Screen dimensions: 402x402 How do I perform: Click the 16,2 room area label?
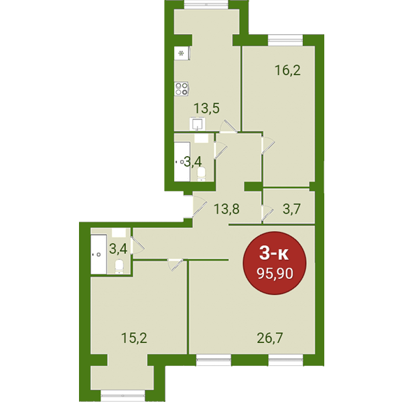click(x=287, y=70)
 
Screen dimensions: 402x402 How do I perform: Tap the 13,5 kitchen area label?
click(x=206, y=108)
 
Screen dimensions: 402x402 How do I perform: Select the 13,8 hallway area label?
click(x=226, y=209)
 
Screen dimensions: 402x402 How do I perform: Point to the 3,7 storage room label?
click(x=291, y=209)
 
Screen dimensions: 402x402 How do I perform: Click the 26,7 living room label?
click(x=270, y=338)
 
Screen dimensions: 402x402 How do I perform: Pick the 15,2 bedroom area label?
click(x=134, y=338)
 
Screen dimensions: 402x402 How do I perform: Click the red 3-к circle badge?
click(x=275, y=263)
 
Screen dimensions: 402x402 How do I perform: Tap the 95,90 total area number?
click(x=275, y=274)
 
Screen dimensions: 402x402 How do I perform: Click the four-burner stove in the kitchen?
click(x=182, y=89)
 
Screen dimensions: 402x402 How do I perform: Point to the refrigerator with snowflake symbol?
click(x=182, y=54)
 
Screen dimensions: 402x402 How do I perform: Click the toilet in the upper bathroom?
click(x=202, y=174)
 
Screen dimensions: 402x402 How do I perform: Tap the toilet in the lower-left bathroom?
click(x=119, y=267)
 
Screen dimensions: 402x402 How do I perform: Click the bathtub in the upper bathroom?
click(x=182, y=161)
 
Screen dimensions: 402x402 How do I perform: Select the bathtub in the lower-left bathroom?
click(x=98, y=255)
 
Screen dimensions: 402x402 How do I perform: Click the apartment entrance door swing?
click(x=200, y=206)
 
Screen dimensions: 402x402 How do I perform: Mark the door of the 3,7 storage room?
click(x=267, y=214)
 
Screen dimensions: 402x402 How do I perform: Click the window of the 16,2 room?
click(x=285, y=40)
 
